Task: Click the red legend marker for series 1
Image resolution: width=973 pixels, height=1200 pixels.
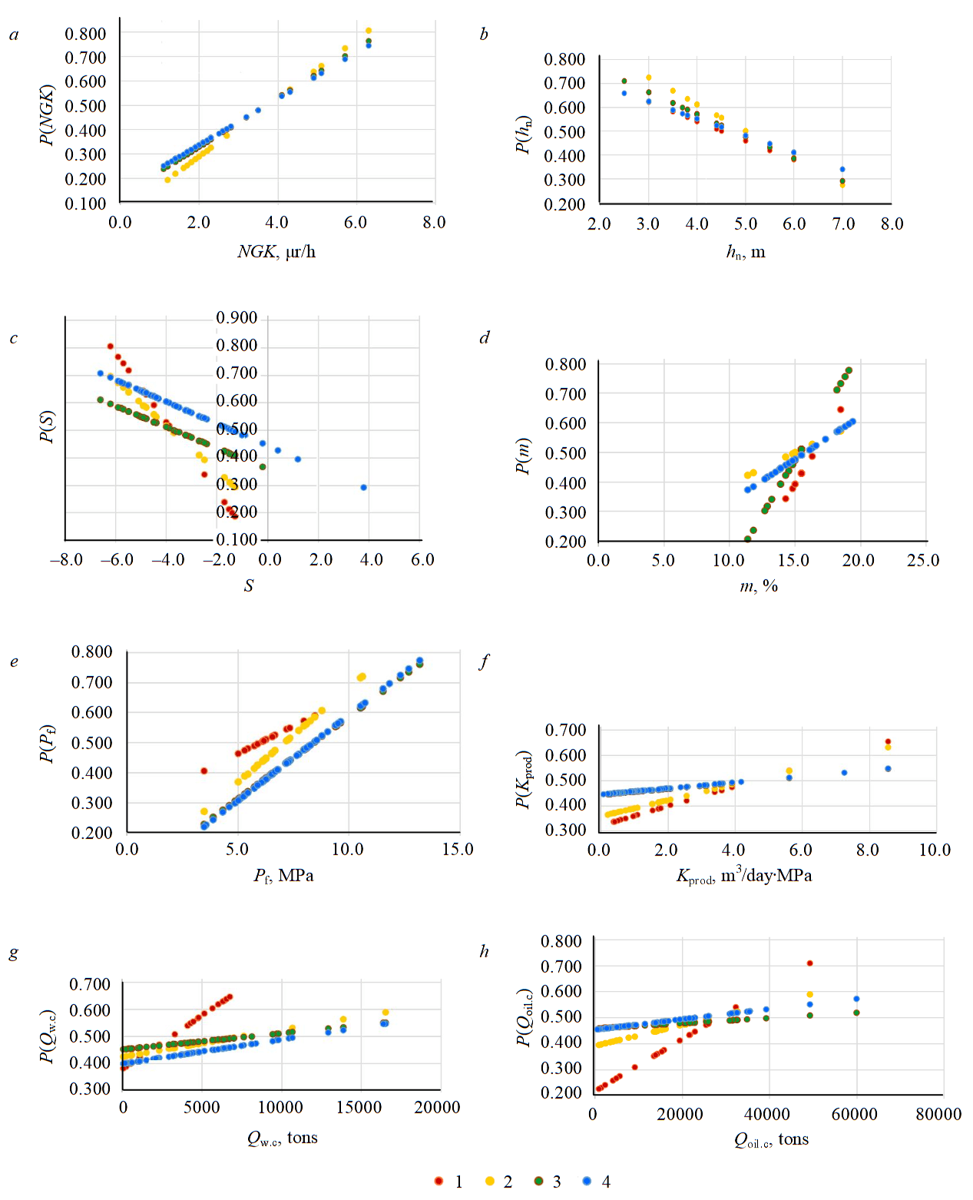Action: point(439,1181)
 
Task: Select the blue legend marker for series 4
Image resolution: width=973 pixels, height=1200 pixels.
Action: point(587,1181)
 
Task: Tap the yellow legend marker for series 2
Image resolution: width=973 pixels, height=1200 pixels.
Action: point(489,1181)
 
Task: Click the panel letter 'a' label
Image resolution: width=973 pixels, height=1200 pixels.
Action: point(14,35)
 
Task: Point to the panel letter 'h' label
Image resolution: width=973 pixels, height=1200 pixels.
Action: point(484,951)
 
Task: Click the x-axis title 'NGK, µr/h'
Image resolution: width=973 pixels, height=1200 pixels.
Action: point(276,252)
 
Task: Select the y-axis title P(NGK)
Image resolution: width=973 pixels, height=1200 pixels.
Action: point(48,114)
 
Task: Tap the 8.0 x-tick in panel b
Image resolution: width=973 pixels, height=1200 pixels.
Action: point(892,224)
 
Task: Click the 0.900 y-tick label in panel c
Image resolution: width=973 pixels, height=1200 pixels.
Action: point(237,318)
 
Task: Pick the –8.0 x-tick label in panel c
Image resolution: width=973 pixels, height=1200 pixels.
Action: point(66,560)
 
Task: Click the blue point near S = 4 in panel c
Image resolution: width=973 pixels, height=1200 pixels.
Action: point(363,488)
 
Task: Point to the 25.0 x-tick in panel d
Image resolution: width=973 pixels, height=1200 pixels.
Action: point(923,561)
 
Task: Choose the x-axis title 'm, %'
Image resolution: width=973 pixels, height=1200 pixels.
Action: point(759,586)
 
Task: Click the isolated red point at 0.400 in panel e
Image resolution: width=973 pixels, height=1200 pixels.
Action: point(204,771)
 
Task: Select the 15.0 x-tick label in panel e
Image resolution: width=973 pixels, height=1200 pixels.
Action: point(458,850)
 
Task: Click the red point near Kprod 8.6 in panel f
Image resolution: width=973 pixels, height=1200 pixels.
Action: point(888,742)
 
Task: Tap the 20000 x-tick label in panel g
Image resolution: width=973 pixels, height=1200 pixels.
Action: point(437,1108)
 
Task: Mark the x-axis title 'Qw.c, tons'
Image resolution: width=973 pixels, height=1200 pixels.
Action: point(282,1139)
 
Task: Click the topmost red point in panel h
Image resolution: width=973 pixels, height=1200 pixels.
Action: point(809,963)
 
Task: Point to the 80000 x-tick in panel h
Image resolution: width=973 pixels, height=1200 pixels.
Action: point(938,1115)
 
